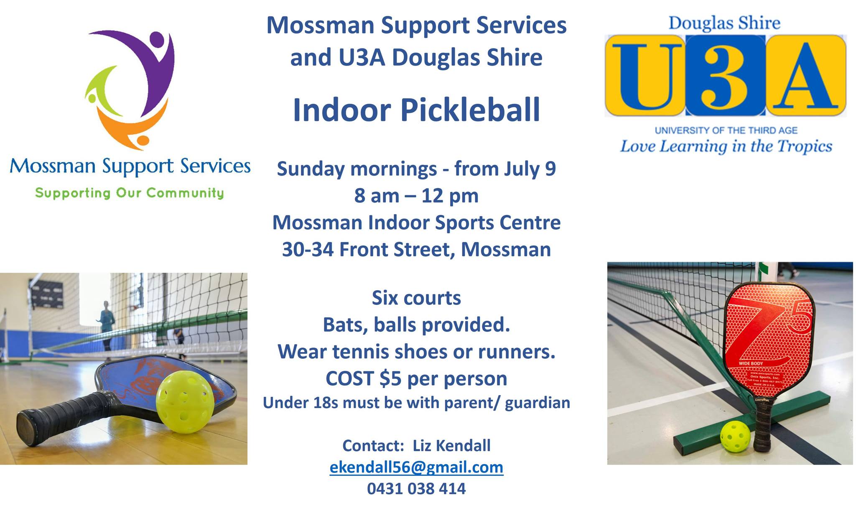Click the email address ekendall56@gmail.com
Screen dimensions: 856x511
coord(416,468)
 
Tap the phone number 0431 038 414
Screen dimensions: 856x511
coord(416,488)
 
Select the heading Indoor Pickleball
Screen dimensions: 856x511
coord(416,110)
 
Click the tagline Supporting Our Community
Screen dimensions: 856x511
coord(130,193)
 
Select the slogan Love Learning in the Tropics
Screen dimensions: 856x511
coord(726,146)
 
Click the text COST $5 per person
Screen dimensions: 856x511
coord(416,378)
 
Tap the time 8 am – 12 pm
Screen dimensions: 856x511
coord(416,196)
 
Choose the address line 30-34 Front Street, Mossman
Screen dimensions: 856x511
coord(416,250)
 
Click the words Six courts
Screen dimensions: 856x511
coord(416,298)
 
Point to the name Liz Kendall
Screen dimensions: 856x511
coord(451,446)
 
